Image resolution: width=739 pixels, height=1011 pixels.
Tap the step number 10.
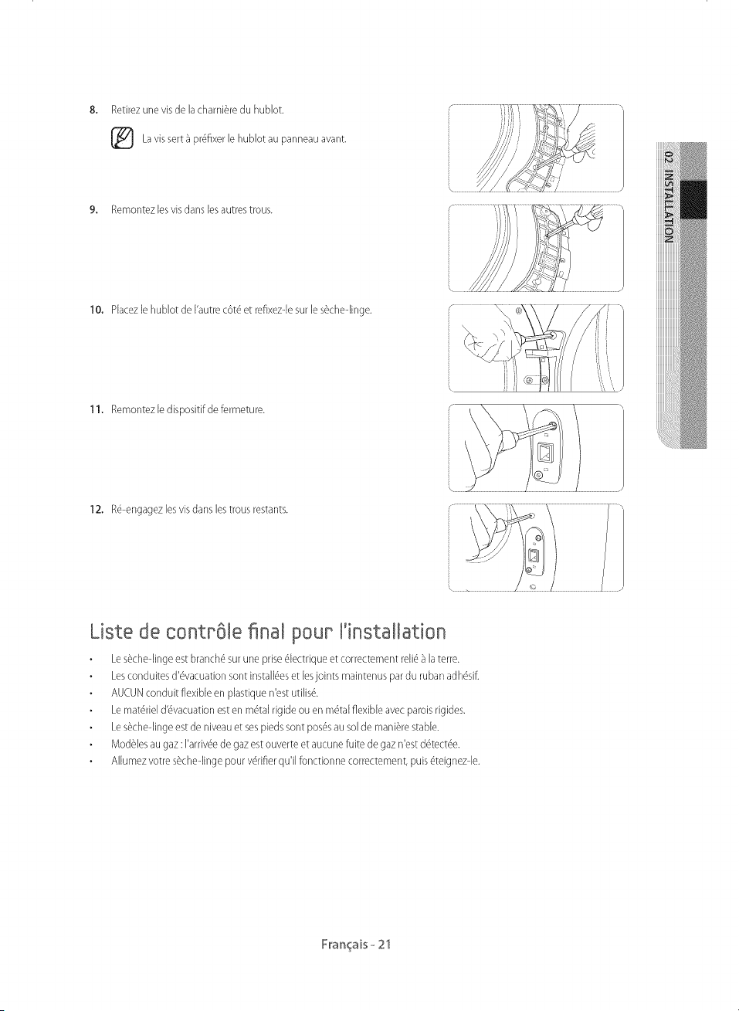97,310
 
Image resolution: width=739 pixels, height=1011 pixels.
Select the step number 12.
97,510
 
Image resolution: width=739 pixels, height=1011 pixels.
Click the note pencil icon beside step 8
122,138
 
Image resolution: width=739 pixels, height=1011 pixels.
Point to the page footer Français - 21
356,944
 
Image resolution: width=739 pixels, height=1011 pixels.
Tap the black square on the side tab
693,199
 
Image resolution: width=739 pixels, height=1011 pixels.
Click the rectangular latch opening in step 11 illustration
544,453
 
